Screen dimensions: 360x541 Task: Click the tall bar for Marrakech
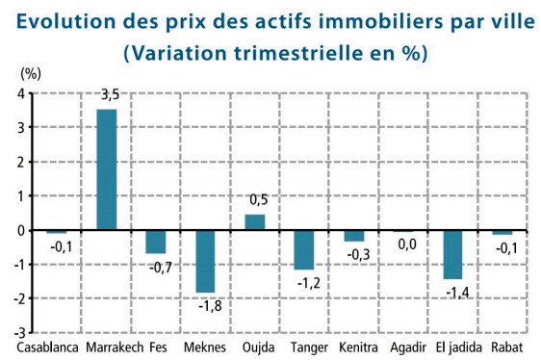pyautogui.click(x=107, y=169)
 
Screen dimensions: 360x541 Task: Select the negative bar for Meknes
pyautogui.click(x=205, y=261)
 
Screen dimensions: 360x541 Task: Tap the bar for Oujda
pyautogui.click(x=254, y=222)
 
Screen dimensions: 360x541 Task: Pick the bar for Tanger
pyautogui.click(x=304, y=249)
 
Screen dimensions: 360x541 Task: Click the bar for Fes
pyautogui.click(x=156, y=242)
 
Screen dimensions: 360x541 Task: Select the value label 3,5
pyautogui.click(x=110, y=96)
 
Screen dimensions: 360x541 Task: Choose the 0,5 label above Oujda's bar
pyautogui.click(x=258, y=199)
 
